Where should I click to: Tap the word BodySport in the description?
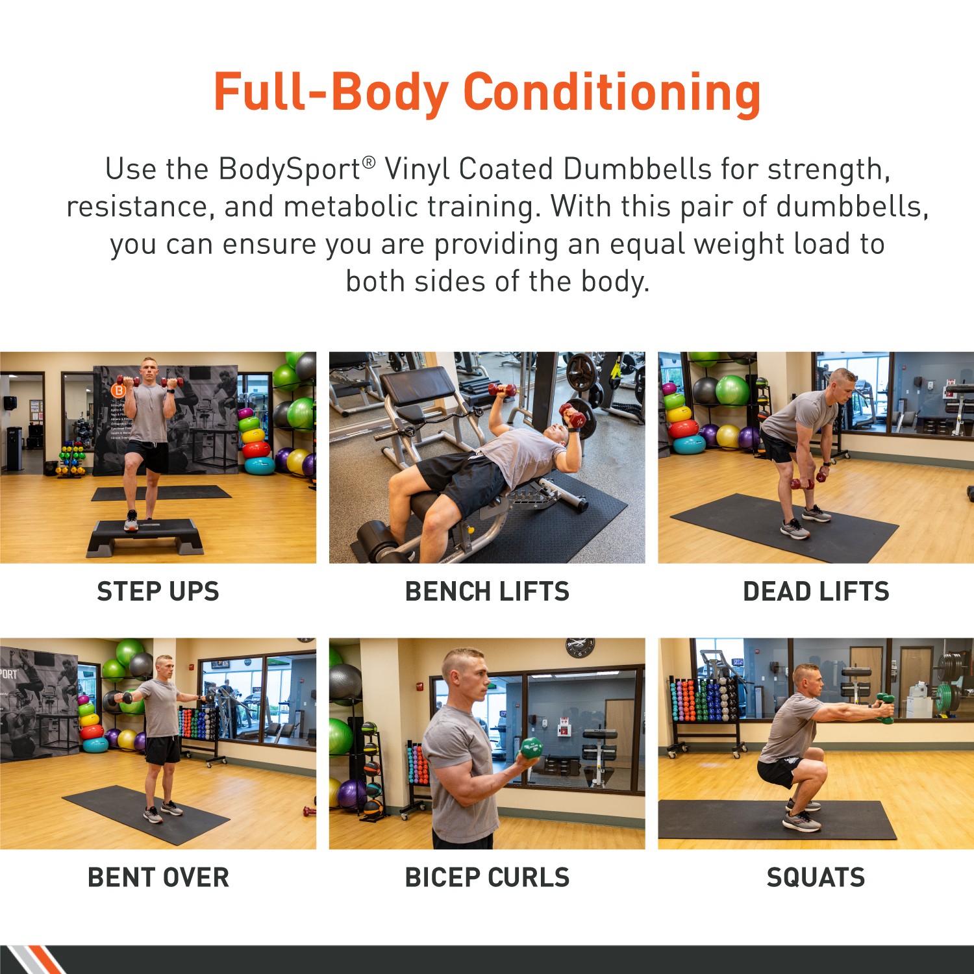(289, 169)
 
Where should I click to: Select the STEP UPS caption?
(158, 592)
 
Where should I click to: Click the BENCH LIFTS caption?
(487, 592)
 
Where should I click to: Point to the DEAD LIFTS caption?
(816, 592)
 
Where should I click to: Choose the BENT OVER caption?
(158, 877)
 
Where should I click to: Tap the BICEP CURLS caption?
(487, 877)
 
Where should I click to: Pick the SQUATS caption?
(816, 877)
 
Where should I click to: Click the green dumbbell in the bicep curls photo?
(532, 747)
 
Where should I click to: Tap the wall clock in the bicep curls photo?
(579, 647)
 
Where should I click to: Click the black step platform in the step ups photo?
(145, 536)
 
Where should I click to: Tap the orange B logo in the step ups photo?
(118, 390)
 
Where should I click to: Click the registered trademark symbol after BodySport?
(368, 162)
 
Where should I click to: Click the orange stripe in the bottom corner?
(45, 961)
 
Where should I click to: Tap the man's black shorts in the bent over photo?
(162, 750)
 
